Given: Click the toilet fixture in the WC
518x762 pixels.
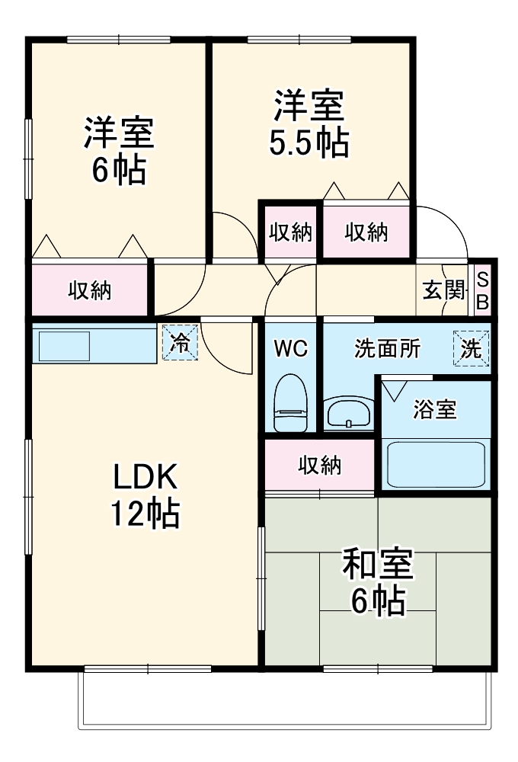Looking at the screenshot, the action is (x=290, y=403).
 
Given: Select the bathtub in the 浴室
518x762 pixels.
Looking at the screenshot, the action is (x=436, y=464).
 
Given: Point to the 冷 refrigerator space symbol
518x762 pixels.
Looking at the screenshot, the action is (x=180, y=343).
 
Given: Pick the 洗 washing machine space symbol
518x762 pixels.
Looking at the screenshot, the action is (x=471, y=348).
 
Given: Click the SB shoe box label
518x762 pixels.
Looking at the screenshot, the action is (x=482, y=291).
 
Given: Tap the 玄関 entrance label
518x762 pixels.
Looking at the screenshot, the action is (x=443, y=290).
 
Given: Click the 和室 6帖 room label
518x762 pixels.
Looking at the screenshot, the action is (x=378, y=581).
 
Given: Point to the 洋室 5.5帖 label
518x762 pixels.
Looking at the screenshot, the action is (x=309, y=123).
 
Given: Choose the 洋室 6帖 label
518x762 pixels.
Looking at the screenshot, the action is (x=119, y=150).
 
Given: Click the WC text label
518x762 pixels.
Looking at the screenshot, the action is (x=291, y=348).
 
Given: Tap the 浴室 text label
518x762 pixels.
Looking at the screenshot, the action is (x=435, y=409).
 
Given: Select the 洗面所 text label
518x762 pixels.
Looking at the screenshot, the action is (x=387, y=348).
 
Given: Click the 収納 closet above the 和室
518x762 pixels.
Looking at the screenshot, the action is (x=320, y=465).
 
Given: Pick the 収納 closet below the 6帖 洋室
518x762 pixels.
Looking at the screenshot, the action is (x=89, y=290).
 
